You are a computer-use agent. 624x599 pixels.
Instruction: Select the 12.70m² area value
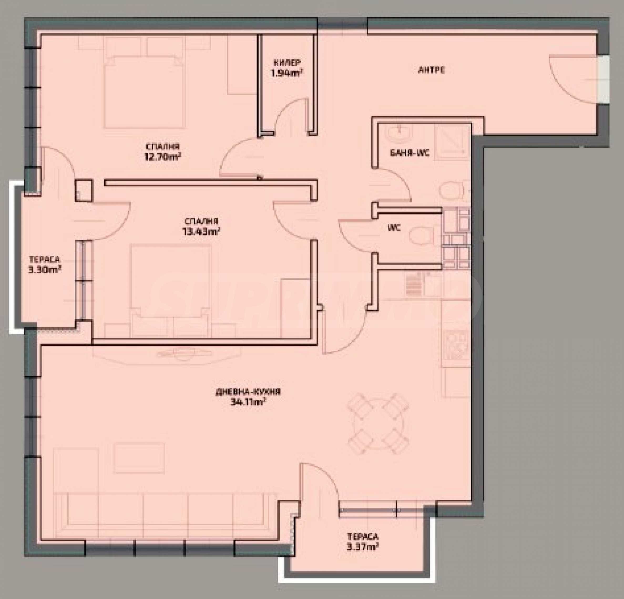(x=163, y=157)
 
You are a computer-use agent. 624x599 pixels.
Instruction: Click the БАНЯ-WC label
(x=410, y=153)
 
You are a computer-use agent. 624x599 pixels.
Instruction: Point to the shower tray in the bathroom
(x=452, y=141)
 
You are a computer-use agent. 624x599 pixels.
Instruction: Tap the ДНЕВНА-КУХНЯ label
(x=248, y=392)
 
